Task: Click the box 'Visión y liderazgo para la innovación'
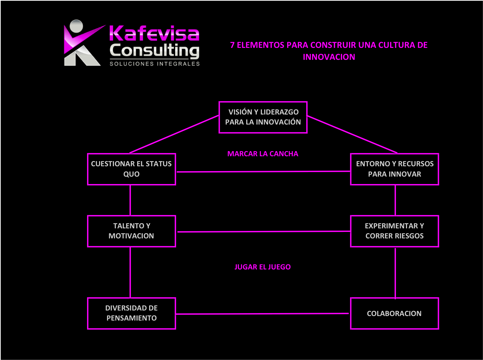pyautogui.click(x=263, y=117)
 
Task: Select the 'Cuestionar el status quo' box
pyautogui.click(x=131, y=169)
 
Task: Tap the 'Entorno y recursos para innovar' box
pyautogui.click(x=394, y=169)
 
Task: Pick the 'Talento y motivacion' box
pyautogui.click(x=131, y=231)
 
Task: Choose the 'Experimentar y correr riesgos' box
pyautogui.click(x=394, y=231)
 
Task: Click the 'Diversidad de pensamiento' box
pyautogui.click(x=131, y=313)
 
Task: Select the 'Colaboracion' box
pyautogui.click(x=394, y=313)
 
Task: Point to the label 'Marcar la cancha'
pyautogui.click(x=263, y=154)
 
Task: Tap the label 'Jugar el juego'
pyautogui.click(x=263, y=267)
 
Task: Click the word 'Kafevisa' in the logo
pyautogui.click(x=154, y=33)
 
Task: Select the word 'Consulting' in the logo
pyautogui.click(x=154, y=51)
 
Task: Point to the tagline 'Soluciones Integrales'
pyautogui.click(x=155, y=64)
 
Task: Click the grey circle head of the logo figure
pyautogui.click(x=77, y=26)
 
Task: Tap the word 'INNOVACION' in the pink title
pyautogui.click(x=329, y=57)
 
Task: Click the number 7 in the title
pyautogui.click(x=232, y=45)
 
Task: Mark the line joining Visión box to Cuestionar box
pyautogui.click(x=174, y=134)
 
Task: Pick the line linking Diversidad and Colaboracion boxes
pyautogui.click(x=262, y=314)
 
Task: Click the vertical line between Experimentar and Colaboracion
pyautogui.click(x=395, y=272)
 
